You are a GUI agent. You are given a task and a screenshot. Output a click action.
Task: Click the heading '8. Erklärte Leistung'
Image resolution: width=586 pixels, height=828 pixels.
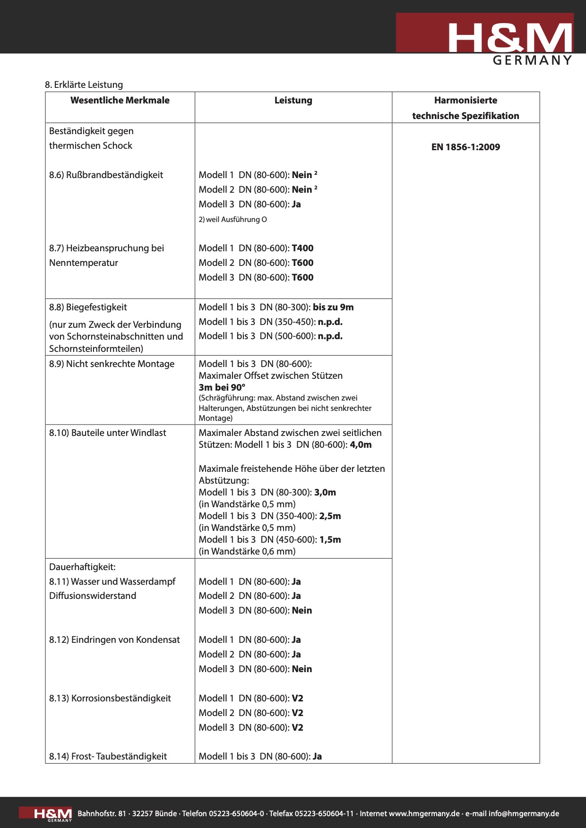pyautogui.click(x=84, y=85)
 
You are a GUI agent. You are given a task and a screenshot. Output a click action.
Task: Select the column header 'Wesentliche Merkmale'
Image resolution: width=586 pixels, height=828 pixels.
pyautogui.click(x=120, y=100)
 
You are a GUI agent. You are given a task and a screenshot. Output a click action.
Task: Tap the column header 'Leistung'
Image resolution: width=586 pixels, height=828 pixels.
pyautogui.click(x=293, y=100)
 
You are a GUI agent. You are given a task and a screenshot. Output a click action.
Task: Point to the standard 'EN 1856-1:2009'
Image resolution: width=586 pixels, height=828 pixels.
pyautogui.click(x=465, y=147)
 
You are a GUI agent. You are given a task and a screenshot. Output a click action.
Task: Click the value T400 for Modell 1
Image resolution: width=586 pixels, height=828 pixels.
pyautogui.click(x=302, y=248)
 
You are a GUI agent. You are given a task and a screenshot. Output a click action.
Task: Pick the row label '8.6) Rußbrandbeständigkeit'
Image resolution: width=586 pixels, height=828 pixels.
pyautogui.click(x=106, y=175)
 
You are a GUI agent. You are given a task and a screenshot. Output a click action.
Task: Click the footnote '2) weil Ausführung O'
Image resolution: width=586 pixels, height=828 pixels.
pyautogui.click(x=233, y=219)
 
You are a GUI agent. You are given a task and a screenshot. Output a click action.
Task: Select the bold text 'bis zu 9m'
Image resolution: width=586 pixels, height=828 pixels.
pyautogui.click(x=333, y=307)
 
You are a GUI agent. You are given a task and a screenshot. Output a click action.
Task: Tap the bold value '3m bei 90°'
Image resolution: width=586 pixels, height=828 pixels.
pyautogui.click(x=222, y=387)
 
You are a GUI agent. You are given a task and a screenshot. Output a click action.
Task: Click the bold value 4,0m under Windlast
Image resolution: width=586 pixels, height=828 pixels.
pyautogui.click(x=361, y=444)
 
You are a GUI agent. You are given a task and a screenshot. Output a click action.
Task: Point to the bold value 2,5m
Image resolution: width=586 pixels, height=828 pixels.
pyautogui.click(x=330, y=516)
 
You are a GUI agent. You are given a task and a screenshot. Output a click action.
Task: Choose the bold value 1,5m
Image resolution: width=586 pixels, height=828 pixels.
pyautogui.click(x=330, y=539)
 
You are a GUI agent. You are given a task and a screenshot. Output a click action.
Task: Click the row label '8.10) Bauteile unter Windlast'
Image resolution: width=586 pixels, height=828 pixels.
pyautogui.click(x=107, y=433)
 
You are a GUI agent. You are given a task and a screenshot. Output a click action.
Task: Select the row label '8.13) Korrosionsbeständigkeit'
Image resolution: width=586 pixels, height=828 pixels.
pyautogui.click(x=110, y=698)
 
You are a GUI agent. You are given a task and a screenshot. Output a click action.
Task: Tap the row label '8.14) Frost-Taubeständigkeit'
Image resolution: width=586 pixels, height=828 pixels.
pyautogui.click(x=108, y=756)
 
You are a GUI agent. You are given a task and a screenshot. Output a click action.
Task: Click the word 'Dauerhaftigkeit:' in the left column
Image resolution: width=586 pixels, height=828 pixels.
pyautogui.click(x=82, y=567)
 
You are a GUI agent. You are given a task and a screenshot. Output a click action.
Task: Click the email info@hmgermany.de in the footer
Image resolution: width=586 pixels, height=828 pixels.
pyautogui.click(x=524, y=813)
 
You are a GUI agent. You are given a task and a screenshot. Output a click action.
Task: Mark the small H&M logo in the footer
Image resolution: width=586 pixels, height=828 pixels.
pyautogui.click(x=53, y=814)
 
